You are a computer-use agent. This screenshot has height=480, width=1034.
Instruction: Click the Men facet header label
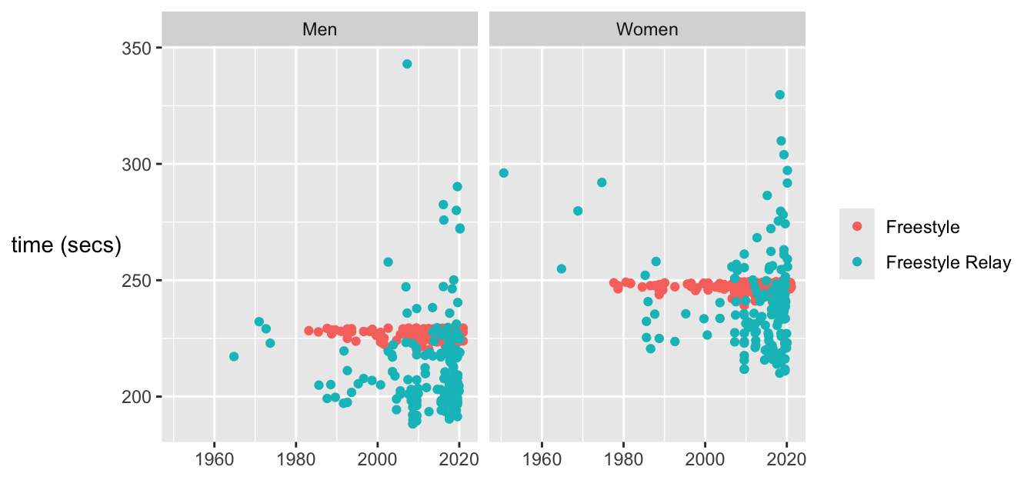tap(319, 30)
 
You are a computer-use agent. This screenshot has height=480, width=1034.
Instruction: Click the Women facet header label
tap(647, 30)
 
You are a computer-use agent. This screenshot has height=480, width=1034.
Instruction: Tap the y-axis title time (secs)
tap(66, 245)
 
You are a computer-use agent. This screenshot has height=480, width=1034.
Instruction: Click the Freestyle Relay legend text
tap(948, 262)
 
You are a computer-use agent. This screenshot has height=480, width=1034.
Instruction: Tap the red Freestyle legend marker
tap(857, 227)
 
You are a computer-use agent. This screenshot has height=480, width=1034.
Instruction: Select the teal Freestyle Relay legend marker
tap(857, 262)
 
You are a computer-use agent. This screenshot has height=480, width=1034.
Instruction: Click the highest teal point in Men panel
tap(407, 64)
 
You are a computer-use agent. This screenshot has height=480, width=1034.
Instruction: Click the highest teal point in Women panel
tap(779, 95)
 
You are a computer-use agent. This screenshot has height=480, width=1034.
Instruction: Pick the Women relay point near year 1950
tap(504, 173)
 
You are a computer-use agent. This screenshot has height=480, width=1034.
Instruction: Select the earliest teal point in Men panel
tap(234, 356)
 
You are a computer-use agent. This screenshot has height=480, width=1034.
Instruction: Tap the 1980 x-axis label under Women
tap(624, 459)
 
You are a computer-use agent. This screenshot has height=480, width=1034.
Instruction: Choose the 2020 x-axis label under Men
tap(459, 459)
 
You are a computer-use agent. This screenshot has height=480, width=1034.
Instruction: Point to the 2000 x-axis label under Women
tap(705, 459)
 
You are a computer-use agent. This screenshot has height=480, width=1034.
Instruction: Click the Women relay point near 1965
tap(562, 268)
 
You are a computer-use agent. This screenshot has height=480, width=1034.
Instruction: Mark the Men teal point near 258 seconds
tap(388, 262)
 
